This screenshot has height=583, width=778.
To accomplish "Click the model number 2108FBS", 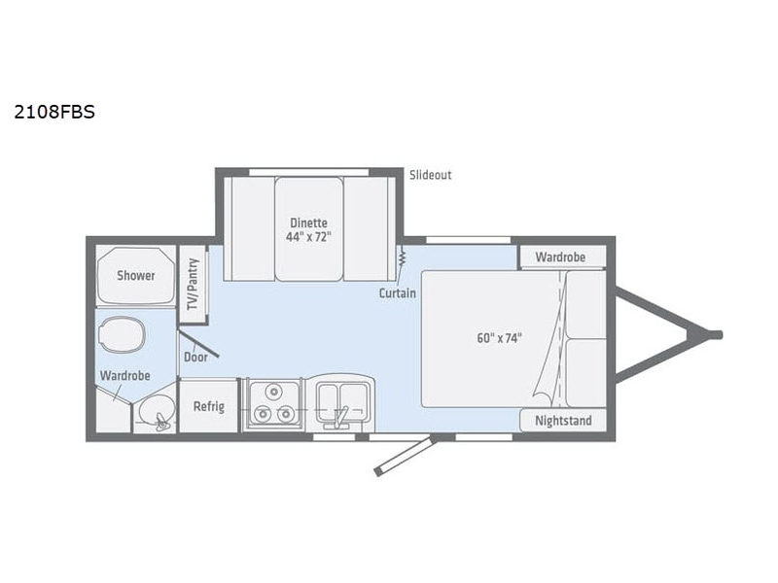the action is tap(54, 112).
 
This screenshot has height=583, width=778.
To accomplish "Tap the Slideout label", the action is tap(431, 175).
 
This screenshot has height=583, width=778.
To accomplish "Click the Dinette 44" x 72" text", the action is tap(308, 229).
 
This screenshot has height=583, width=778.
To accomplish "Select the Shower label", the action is tap(136, 275).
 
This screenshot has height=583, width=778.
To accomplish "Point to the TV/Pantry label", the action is tap(193, 284).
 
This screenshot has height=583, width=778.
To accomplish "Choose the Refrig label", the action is tap(209, 406).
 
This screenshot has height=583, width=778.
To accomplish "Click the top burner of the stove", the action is tap(273, 392).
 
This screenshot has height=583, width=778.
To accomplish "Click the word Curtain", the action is tap(398, 293).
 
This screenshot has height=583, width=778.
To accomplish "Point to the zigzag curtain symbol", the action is tap(402, 257).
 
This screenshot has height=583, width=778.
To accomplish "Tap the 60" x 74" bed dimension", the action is tap(499, 338).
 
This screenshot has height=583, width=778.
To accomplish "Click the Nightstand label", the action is tap(563, 421).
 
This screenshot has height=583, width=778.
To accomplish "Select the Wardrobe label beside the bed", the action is tap(560, 257).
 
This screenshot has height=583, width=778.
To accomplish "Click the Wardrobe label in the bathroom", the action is tap(125, 376).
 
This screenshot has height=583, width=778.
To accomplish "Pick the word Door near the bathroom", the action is tap(195, 357).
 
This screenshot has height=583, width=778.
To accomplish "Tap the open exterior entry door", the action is tap(406, 455).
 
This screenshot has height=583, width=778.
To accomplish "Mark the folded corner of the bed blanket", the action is tap(542, 397).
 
